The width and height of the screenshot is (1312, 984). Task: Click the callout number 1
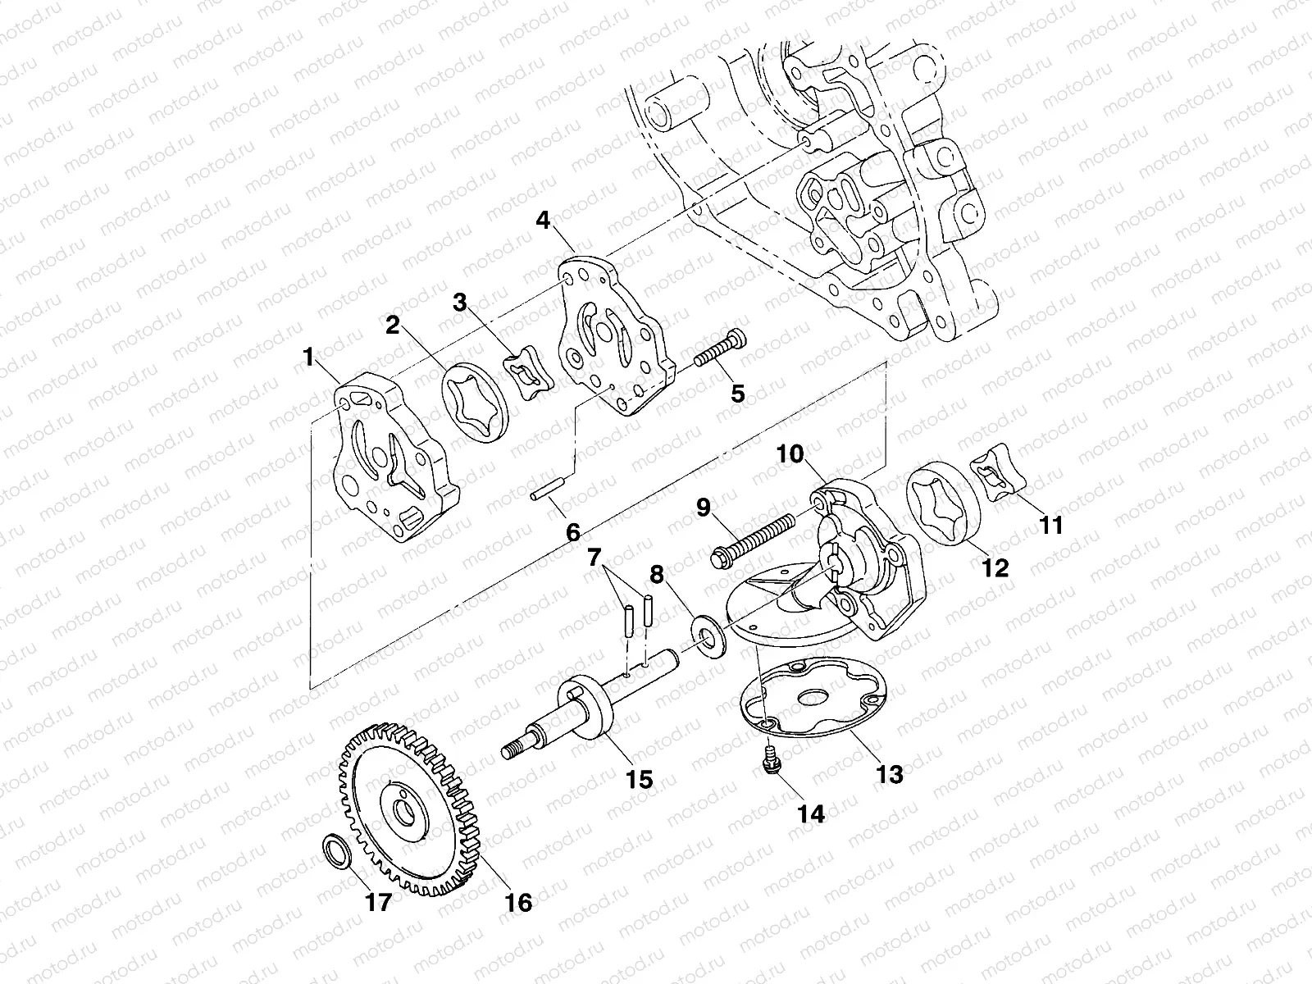tap(308, 358)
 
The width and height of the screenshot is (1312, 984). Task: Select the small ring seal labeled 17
tap(336, 850)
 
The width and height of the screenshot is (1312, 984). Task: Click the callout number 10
tap(793, 453)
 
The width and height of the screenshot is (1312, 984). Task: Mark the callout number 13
tap(889, 773)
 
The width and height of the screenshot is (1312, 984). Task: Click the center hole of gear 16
tap(404, 815)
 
